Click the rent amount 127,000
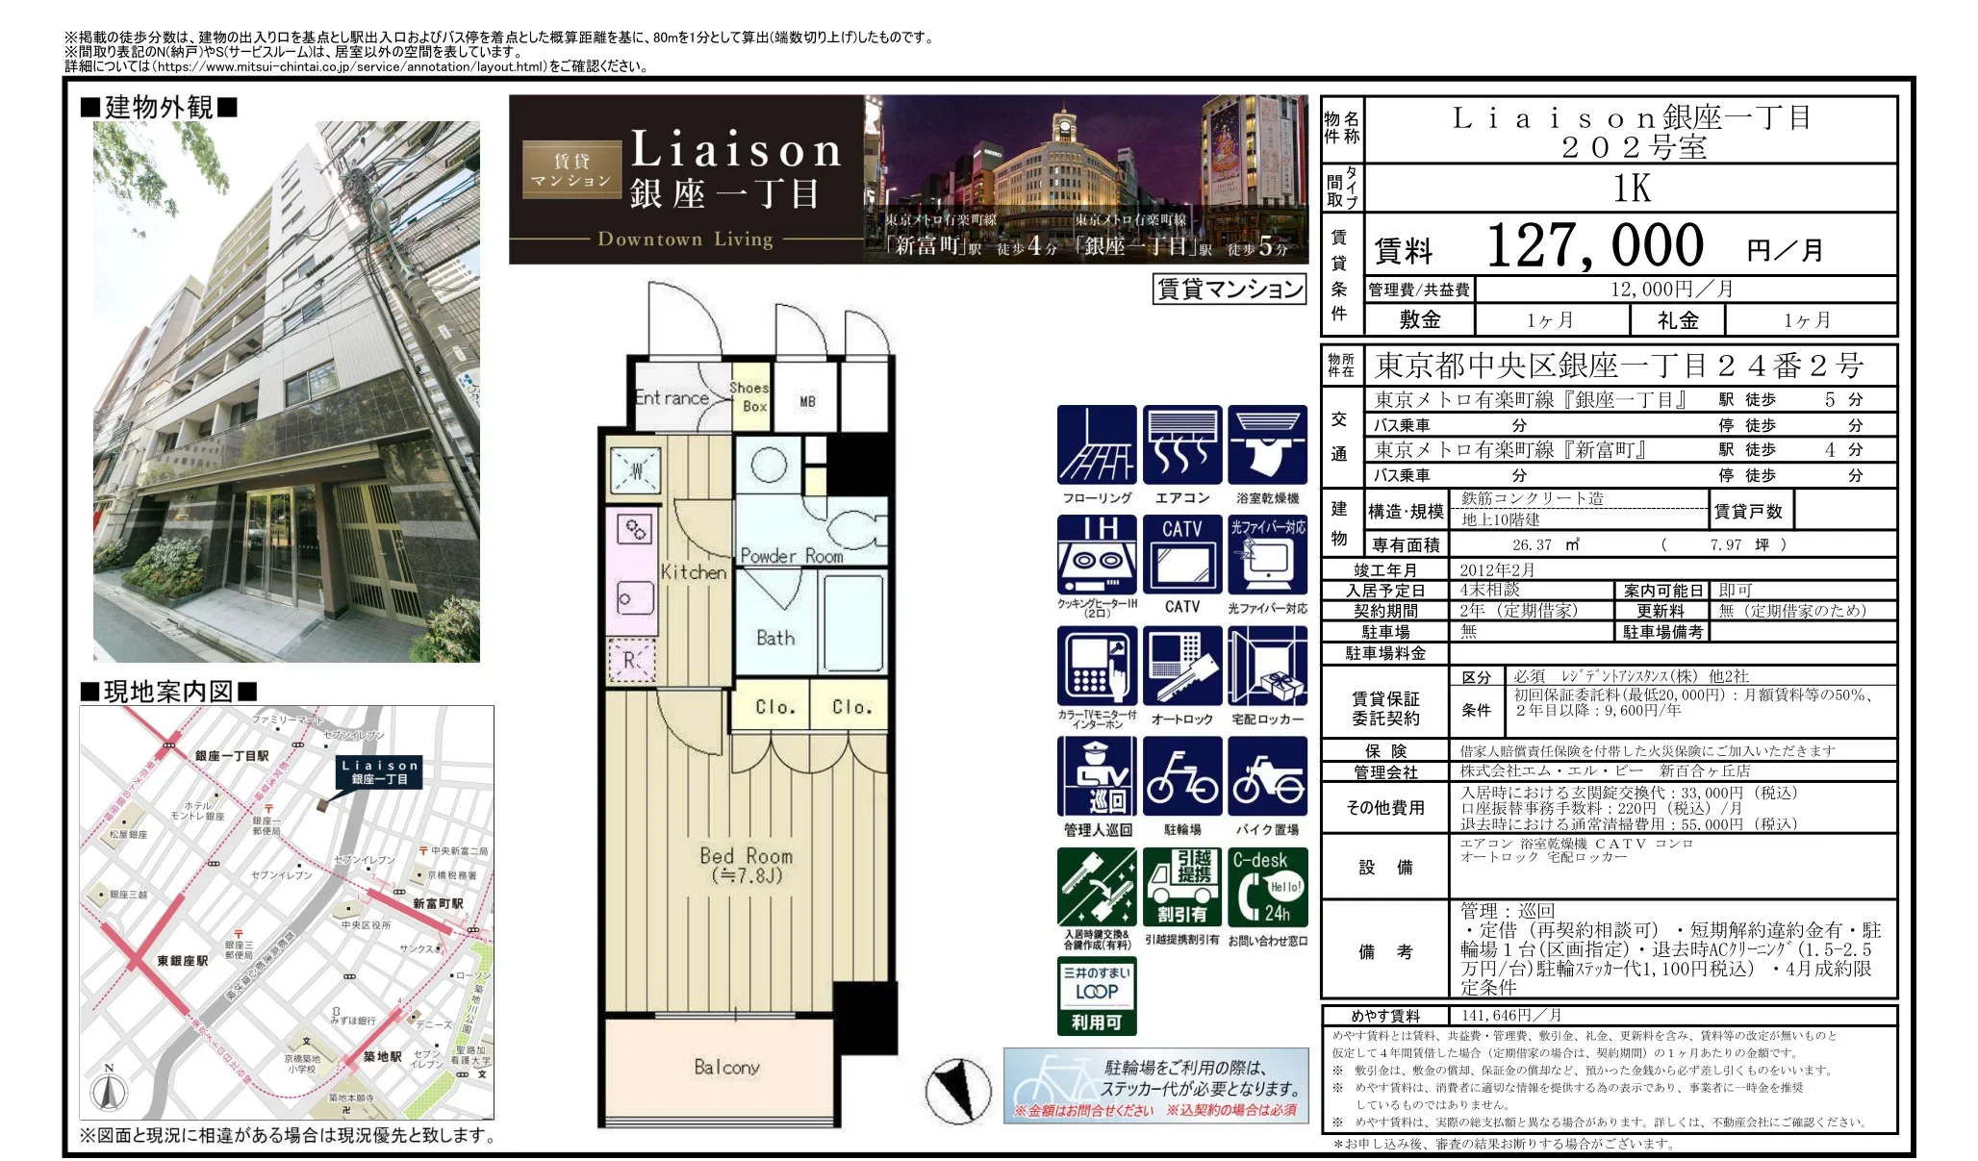coord(1594,246)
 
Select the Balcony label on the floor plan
coord(726,1067)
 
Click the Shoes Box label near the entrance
coord(748,396)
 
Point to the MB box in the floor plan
coord(807,401)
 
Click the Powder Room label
coord(791,556)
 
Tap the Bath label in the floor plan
coord(775,638)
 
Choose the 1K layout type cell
coord(1631,189)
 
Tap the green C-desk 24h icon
coord(1267,887)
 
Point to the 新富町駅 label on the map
coord(438,903)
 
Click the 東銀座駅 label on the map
coord(183,960)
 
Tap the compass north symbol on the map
coord(109,1089)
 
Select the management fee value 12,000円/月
coord(1672,290)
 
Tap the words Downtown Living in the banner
coord(685,239)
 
